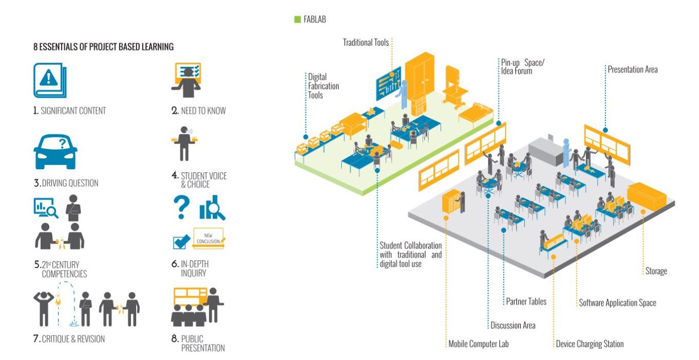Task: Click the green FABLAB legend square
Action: (297, 20)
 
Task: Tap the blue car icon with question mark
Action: (55, 149)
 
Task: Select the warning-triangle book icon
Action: (49, 80)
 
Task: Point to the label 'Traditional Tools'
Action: (366, 43)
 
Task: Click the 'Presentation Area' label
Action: (632, 69)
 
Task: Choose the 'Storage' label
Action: (655, 271)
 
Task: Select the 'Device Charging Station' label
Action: (590, 344)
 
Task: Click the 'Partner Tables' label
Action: (526, 301)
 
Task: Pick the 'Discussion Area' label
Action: (512, 325)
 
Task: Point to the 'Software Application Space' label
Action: (617, 302)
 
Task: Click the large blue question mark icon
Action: (181, 208)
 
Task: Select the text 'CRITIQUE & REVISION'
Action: (72, 339)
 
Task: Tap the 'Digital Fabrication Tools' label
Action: (323, 86)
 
